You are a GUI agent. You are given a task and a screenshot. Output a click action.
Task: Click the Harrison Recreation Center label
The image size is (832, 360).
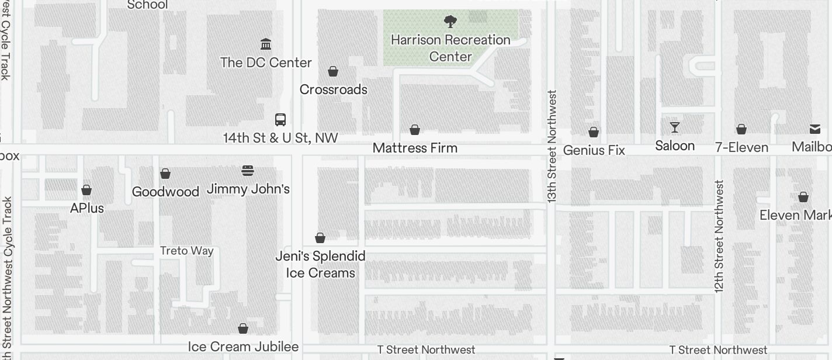450,48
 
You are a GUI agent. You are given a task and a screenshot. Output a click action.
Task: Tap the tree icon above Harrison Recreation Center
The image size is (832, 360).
450,22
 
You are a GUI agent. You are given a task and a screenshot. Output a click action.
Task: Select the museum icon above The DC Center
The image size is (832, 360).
266,44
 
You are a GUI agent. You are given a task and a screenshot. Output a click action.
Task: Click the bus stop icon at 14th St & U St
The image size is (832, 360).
280,120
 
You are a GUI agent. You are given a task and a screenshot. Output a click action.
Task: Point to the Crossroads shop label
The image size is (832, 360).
333,89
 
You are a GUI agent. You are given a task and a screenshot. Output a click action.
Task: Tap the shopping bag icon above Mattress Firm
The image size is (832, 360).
415,130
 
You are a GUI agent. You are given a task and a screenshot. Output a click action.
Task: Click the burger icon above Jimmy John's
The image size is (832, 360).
248,171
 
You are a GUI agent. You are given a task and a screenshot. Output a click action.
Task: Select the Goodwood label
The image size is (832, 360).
165,192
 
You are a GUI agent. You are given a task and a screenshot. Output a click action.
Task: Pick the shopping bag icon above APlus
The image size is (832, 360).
86,190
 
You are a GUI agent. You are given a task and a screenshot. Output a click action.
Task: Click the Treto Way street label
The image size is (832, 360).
187,251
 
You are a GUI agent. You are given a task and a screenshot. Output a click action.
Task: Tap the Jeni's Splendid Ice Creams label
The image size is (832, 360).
320,264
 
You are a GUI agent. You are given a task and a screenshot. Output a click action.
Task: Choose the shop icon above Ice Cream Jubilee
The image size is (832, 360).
243,329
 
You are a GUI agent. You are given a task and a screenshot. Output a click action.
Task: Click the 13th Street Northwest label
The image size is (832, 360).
552,146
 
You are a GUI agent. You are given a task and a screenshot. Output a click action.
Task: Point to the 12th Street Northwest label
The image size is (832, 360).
719,236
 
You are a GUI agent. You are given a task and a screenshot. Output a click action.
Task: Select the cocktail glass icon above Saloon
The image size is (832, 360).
675,127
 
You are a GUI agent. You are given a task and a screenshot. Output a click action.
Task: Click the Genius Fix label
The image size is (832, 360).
594,150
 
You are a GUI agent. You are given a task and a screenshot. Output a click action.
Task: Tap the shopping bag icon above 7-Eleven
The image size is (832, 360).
741,129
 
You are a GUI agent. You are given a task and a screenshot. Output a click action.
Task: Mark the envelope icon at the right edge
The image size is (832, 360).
814,129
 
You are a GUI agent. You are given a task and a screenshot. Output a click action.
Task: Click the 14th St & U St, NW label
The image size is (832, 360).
280,138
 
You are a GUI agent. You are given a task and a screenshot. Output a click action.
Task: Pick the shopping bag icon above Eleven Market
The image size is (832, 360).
803,198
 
